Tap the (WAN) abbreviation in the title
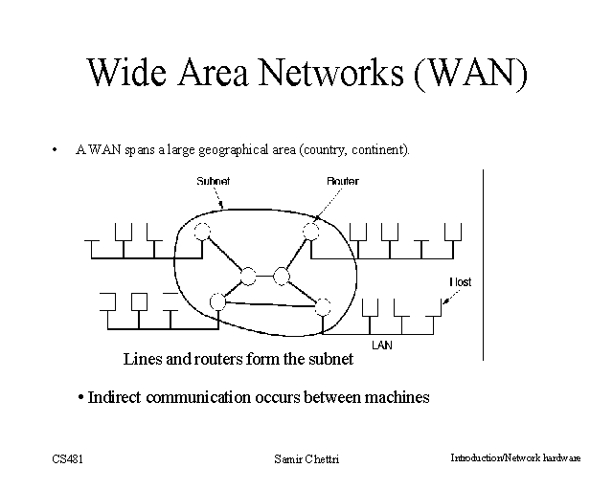[470, 74]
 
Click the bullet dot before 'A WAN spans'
[56, 149]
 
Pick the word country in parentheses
[324, 150]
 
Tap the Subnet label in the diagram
[213, 181]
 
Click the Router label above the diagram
[342, 181]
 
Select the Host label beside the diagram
[460, 282]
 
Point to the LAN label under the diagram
[381, 344]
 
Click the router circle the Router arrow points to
[310, 231]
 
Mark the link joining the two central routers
[264, 277]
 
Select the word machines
[395, 397]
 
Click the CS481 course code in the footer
[68, 459]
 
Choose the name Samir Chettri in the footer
[306, 459]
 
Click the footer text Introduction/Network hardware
[515, 458]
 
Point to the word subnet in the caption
[330, 361]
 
